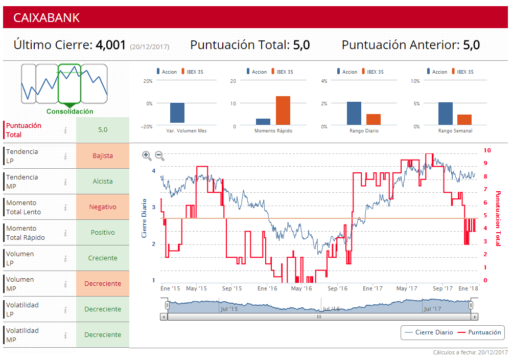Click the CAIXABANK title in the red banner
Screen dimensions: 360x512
point(46,17)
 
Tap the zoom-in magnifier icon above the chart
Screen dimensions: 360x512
point(147,155)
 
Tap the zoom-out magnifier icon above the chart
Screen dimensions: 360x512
point(159,155)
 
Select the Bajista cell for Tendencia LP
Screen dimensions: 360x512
point(103,156)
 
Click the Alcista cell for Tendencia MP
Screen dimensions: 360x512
point(103,182)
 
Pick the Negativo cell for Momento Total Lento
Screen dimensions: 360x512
point(103,207)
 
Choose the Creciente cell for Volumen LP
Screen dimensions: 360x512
point(103,258)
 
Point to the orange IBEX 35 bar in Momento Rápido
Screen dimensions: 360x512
point(283,110)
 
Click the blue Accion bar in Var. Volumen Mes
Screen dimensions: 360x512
point(177,113)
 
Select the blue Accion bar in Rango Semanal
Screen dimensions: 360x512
point(446,113)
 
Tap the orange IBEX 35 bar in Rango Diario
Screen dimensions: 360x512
point(374,119)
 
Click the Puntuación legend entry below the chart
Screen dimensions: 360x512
point(479,332)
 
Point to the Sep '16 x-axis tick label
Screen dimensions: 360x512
point(337,289)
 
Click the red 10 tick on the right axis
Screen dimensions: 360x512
point(487,150)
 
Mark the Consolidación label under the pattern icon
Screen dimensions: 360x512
point(70,111)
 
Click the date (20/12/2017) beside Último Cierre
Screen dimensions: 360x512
point(150,47)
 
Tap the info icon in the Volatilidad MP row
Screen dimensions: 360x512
point(65,335)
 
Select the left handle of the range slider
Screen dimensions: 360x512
point(167,305)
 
